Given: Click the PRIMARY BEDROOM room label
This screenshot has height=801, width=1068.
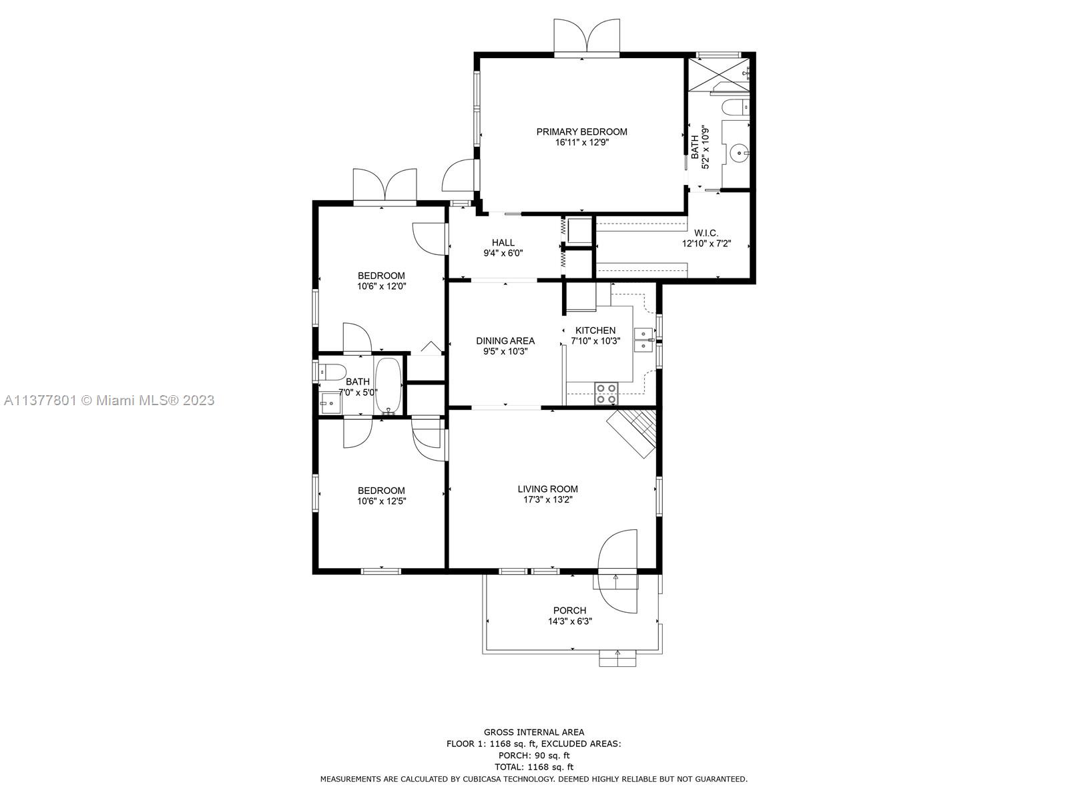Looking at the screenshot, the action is coord(581,131).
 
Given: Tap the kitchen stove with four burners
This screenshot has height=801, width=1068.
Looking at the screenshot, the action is coord(607,393).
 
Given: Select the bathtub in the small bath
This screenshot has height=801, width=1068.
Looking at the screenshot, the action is coord(388,385).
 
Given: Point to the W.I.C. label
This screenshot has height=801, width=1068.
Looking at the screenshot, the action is coord(706,233).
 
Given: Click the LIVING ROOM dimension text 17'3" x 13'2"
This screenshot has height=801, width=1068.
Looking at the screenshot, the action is coord(548,499).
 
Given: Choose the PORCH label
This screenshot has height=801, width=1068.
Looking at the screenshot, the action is coord(570,610).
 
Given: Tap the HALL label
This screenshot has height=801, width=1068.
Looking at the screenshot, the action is coord(503,242).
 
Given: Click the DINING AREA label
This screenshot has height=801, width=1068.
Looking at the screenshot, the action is coord(505,341).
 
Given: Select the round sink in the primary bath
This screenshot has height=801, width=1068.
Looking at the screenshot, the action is coord(740,154).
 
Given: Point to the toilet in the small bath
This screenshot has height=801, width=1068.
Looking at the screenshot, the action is coord(331,372).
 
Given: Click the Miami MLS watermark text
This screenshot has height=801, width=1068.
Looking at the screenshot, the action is coord(109,400).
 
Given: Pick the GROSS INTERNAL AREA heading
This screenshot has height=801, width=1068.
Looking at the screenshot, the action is coord(534,732).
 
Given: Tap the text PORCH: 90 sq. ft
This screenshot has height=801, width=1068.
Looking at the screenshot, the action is coord(534,756).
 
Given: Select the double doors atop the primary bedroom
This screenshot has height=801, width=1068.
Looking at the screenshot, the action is coord(587,37).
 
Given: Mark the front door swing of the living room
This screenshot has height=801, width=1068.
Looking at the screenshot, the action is coord(617,571).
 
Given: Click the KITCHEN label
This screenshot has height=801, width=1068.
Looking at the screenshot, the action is coord(595,330).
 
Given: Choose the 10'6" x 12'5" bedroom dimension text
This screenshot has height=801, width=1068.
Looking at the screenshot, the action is coord(381,501).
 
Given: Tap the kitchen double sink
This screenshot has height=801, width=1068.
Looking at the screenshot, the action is coord(643,340).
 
